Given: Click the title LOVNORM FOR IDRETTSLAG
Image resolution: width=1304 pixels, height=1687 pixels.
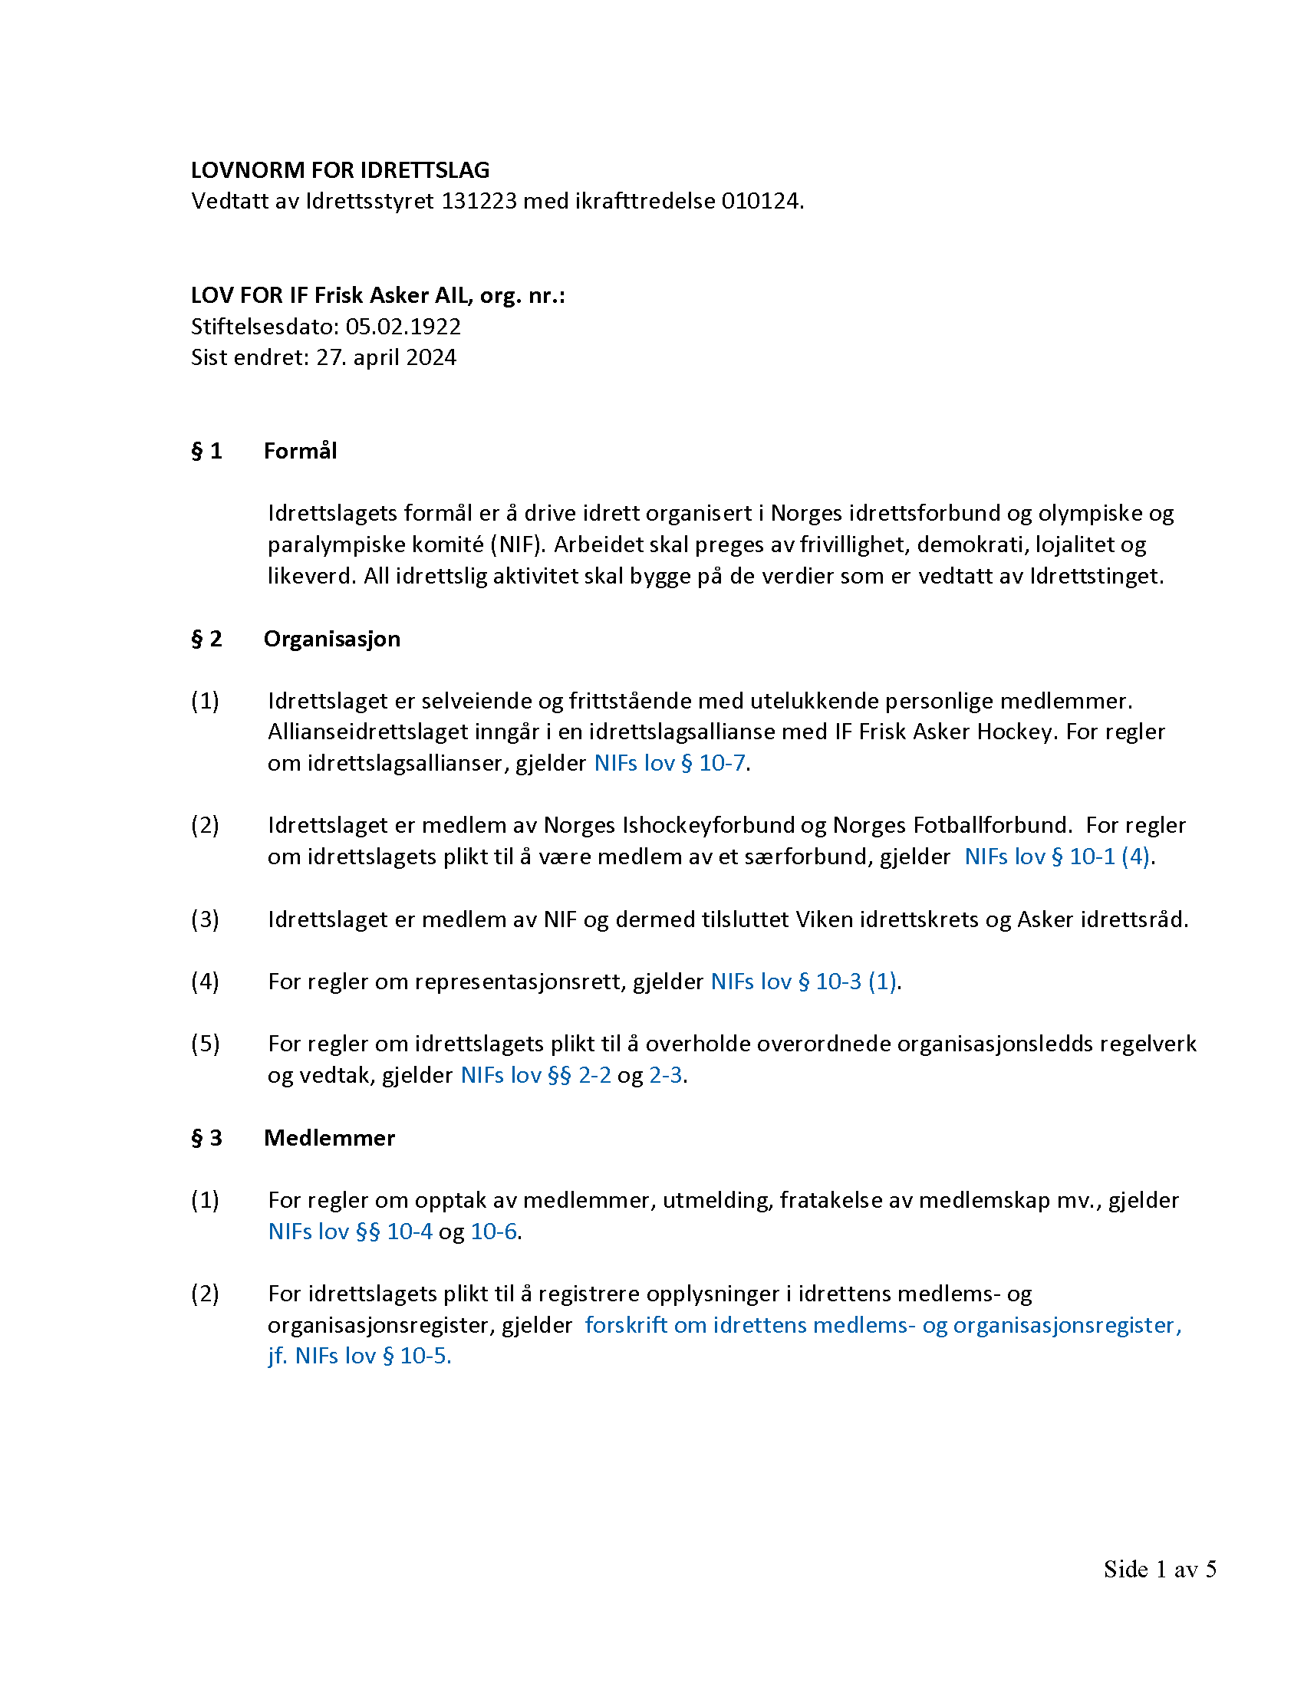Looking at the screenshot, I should pos(340,170).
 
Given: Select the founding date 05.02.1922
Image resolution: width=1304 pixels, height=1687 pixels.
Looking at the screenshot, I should pos(403,327).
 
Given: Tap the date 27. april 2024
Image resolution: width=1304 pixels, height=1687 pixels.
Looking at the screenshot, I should pos(386,357).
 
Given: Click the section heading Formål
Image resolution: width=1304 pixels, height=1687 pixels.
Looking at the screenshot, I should pos(300,451).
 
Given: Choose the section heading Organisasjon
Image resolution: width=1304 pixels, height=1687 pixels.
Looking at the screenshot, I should pos(331,639).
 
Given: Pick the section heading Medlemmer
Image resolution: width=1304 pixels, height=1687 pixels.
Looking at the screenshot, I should pos(329,1138).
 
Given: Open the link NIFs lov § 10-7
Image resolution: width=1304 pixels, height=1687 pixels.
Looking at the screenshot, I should pos(669,763).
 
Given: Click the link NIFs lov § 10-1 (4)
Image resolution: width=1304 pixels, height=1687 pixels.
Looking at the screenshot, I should pos(1057,857).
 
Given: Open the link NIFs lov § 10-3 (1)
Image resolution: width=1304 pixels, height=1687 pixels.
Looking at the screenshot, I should pos(803,982).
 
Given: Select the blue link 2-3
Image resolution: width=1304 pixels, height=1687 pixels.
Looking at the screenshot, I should pos(665,1075).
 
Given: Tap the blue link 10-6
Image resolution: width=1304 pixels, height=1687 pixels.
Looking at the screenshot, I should pos(493,1232).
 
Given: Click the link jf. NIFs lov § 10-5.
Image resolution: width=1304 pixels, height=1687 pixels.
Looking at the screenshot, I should pos(359,1356).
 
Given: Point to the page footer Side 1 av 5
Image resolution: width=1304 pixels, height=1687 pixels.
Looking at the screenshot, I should pos(1160,1569).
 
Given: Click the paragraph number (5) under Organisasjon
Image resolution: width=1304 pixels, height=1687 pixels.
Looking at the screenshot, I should pos(205,1044).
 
